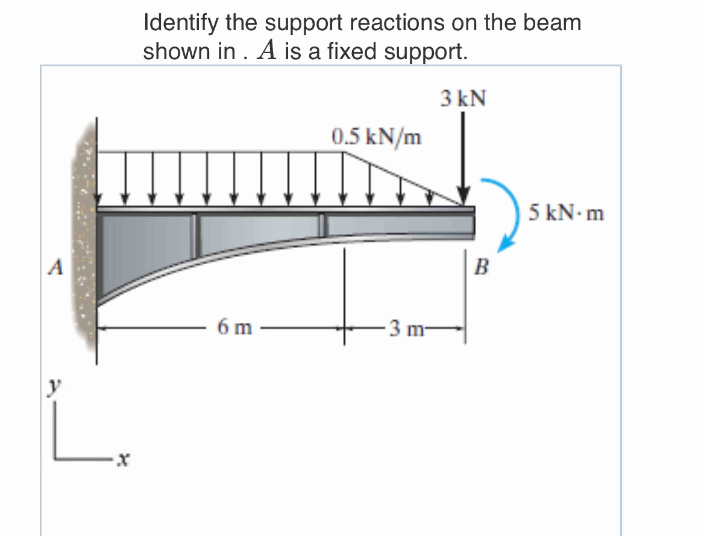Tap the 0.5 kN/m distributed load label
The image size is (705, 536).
[376, 137]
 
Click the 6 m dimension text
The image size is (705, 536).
[235, 327]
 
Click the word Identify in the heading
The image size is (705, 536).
[181, 23]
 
